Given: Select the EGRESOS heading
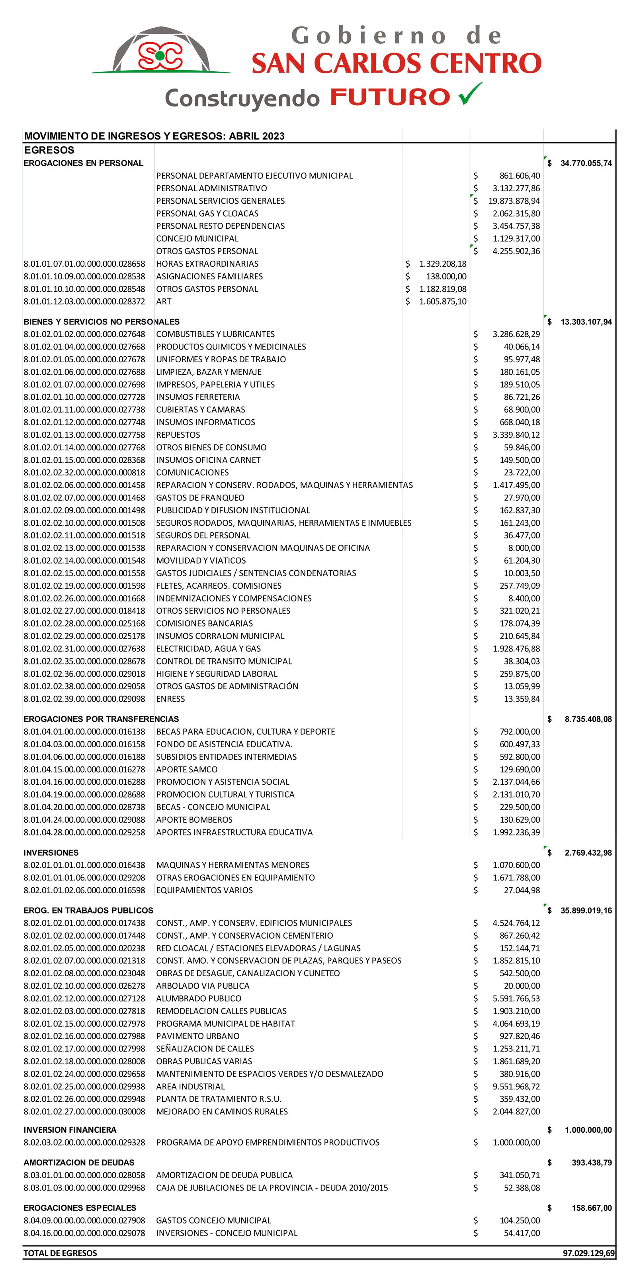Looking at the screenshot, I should [x=49, y=150].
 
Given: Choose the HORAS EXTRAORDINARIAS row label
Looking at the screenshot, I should [x=207, y=264].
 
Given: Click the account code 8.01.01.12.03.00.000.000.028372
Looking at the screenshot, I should [x=84, y=302].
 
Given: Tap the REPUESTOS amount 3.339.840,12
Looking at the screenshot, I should [x=516, y=435].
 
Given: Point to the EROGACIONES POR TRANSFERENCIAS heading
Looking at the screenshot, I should [x=101, y=719].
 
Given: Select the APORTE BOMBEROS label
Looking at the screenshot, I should [x=194, y=820].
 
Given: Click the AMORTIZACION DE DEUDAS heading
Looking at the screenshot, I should [x=79, y=1163].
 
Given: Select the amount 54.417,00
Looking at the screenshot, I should [x=521, y=1233].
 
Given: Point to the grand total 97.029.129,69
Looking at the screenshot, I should [x=588, y=1253].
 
